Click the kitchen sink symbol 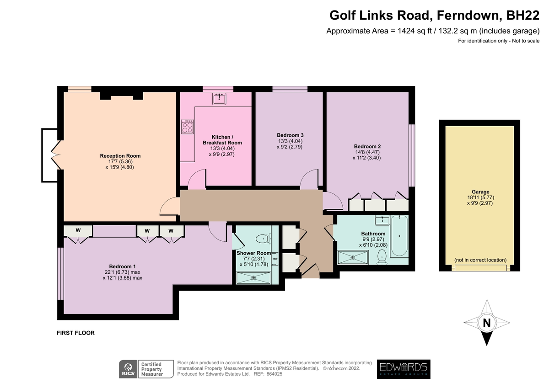pos(219,99)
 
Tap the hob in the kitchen pos(188,127)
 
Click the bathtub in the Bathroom pos(399,236)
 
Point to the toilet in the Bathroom pos(382,257)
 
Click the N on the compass pos(487,324)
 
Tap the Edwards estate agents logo pos(404,369)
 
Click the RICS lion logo pos(128,369)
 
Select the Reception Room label pos(120,156)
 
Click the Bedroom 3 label pos(290,135)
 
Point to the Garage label pos(480,191)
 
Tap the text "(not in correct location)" pos(480,260)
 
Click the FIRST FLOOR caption pos(75,333)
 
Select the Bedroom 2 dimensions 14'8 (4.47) pos(367,152)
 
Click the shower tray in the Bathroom pos(353,258)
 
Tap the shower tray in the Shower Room pos(253,278)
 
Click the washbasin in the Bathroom pos(382,220)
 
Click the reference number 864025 pos(274,374)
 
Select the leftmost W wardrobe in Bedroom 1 pos(78,231)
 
